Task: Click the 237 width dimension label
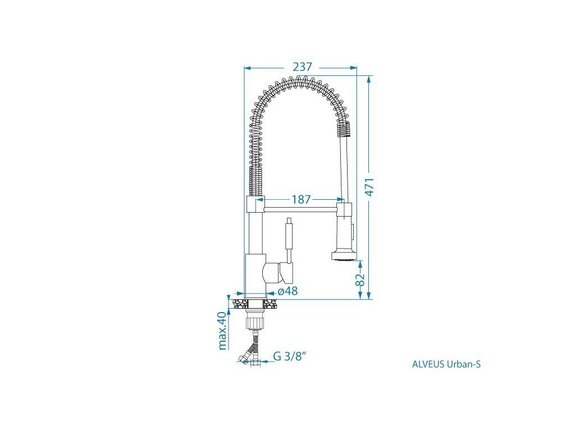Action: (303, 67)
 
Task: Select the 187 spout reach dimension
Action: (301, 199)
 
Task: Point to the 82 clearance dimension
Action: (360, 279)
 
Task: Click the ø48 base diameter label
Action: (288, 291)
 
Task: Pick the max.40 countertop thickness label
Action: (222, 331)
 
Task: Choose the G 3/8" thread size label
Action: (289, 356)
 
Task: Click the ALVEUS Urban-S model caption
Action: (446, 364)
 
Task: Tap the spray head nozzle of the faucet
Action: (343, 255)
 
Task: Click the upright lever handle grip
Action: (289, 236)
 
